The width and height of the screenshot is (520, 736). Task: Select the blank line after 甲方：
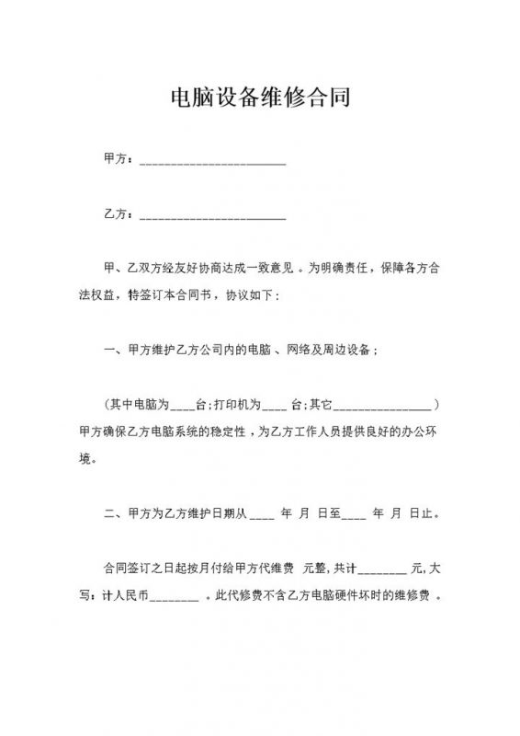pos(212,162)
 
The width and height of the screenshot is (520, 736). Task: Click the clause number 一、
pos(115,350)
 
